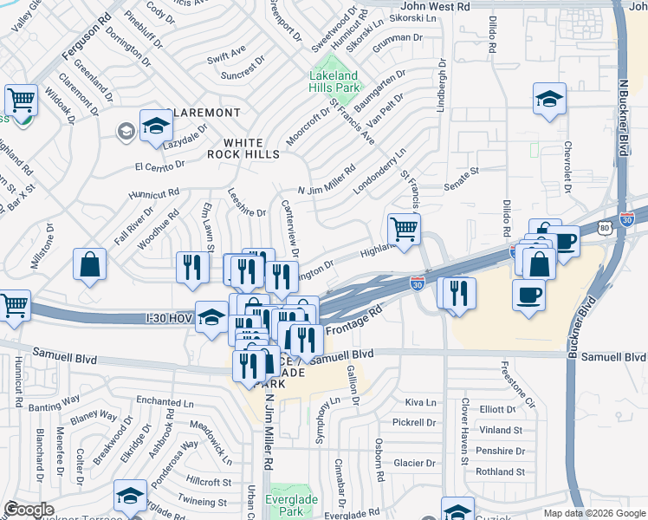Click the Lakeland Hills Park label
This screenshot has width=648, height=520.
(x=334, y=81)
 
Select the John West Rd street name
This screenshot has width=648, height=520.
(x=435, y=6)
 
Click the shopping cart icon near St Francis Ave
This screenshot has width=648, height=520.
(x=404, y=230)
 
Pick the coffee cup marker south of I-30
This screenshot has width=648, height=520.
(x=528, y=295)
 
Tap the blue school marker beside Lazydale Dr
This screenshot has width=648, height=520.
(x=156, y=127)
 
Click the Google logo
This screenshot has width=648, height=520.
(x=29, y=510)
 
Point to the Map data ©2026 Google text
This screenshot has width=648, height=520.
(x=594, y=513)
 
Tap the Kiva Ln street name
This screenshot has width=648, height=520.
(x=420, y=403)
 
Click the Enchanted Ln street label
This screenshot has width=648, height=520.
(x=171, y=402)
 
